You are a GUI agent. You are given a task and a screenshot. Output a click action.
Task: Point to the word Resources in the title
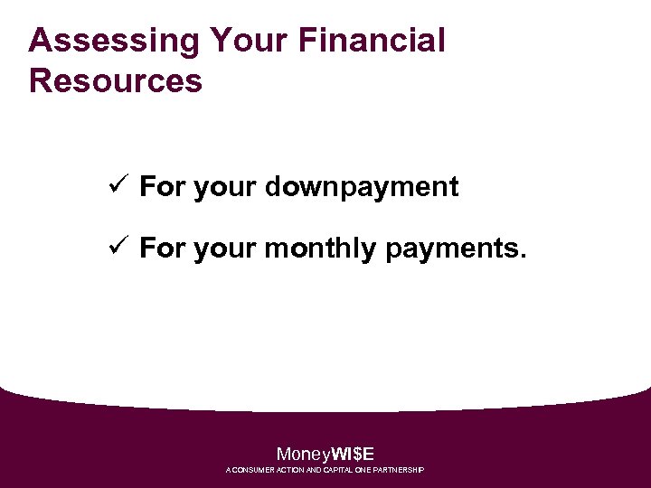point(116,80)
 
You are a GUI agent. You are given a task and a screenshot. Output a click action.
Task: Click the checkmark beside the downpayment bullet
point(116,186)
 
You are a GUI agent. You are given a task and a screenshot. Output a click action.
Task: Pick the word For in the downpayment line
point(163,187)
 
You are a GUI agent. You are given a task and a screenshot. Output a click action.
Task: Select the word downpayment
point(362,187)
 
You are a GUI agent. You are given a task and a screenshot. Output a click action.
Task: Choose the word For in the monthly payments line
point(163,249)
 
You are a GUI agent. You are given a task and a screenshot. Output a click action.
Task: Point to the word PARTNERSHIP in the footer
point(402,471)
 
